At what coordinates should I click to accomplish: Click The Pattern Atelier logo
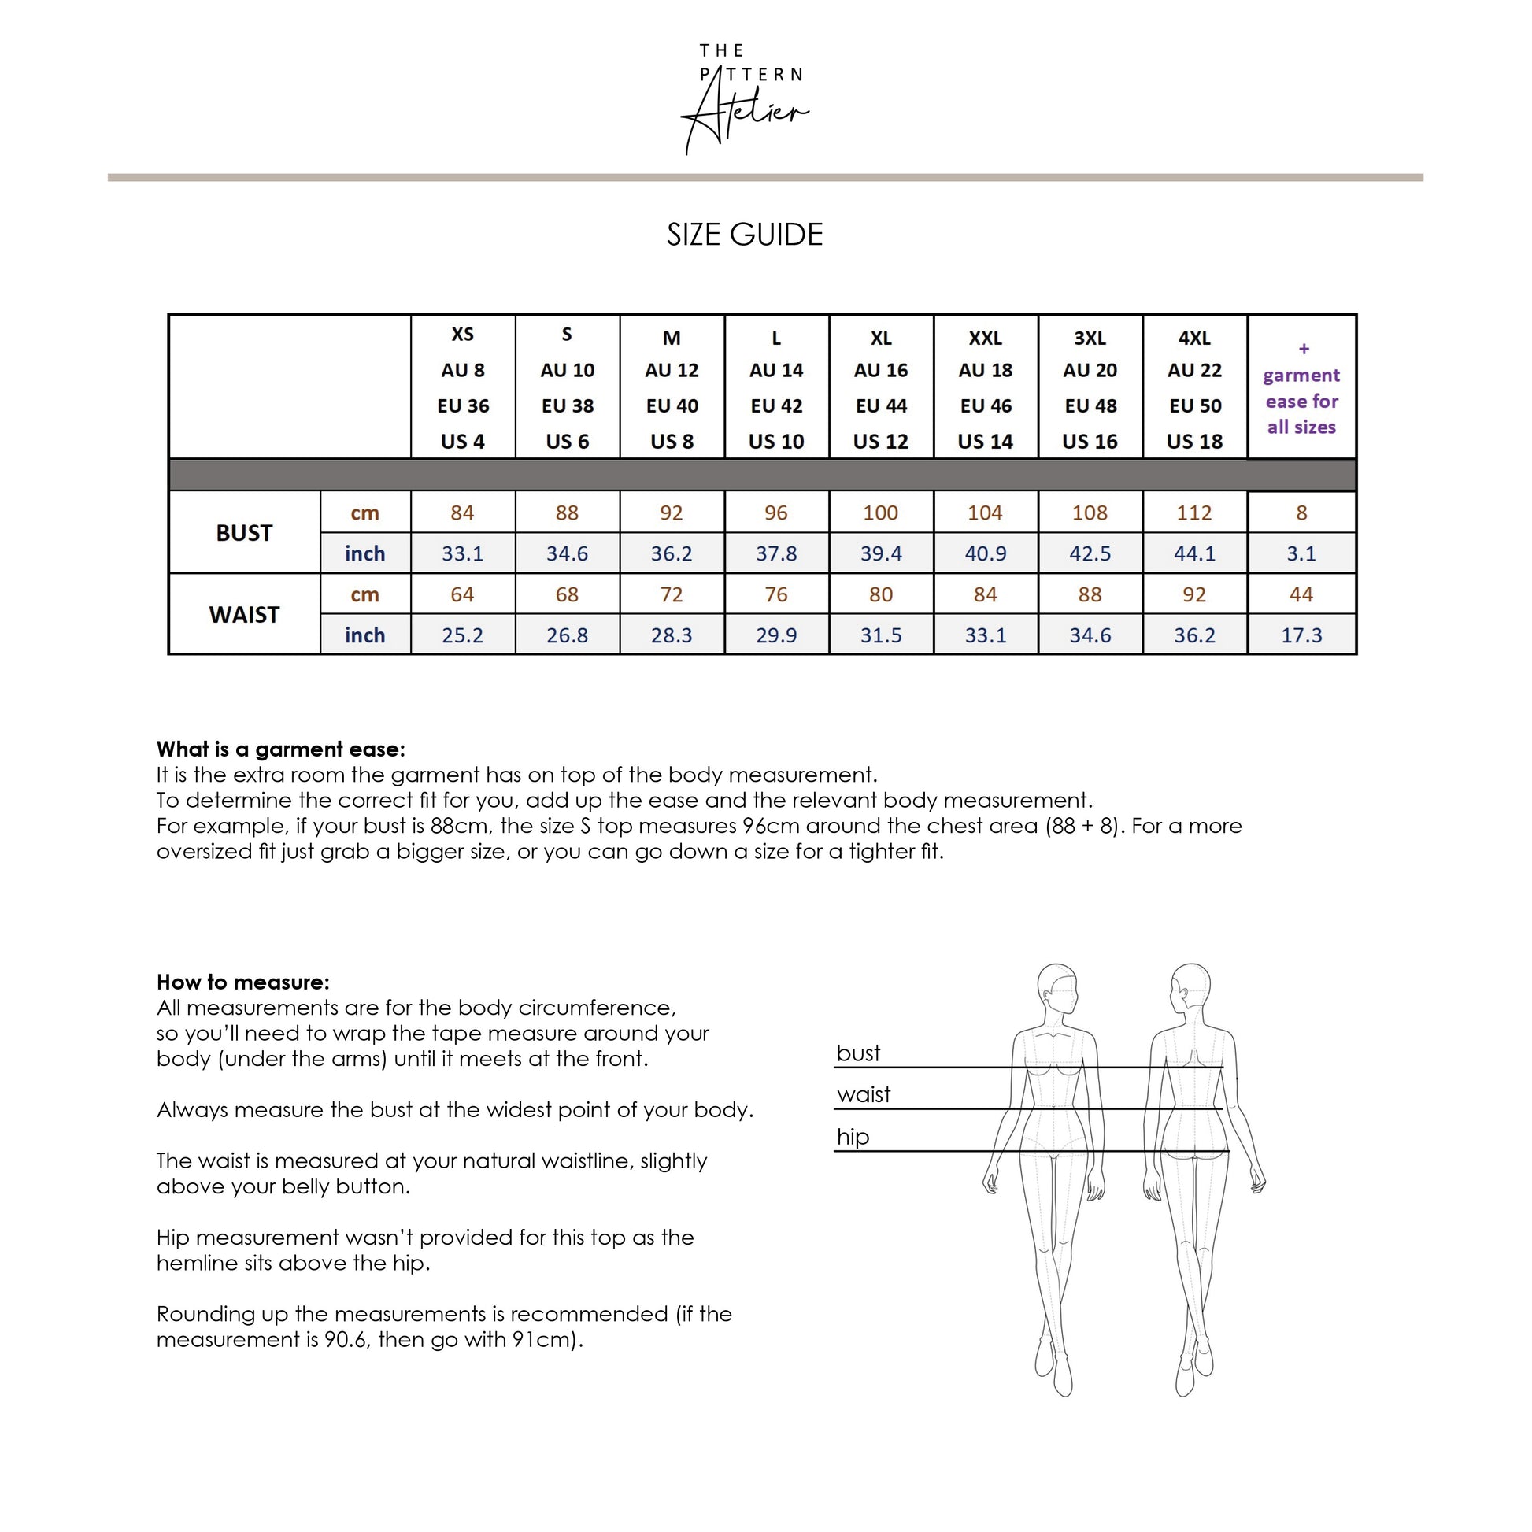point(746,98)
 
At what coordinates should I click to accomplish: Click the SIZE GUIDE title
point(745,235)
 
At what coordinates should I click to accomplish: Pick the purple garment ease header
point(1301,388)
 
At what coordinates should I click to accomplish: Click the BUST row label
point(244,533)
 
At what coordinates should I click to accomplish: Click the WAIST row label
point(244,615)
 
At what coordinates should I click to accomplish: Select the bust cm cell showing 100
point(880,513)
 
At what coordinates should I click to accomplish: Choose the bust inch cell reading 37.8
point(775,553)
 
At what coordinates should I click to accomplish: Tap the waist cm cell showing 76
point(775,594)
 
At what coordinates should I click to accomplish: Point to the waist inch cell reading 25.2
point(462,635)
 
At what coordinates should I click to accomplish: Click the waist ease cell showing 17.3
point(1301,635)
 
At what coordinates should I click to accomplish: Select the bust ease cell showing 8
point(1301,513)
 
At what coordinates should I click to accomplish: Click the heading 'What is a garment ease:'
point(281,749)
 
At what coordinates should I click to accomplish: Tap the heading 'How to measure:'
point(242,982)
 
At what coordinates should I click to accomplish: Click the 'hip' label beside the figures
point(853,1137)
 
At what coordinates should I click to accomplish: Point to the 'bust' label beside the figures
point(858,1053)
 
